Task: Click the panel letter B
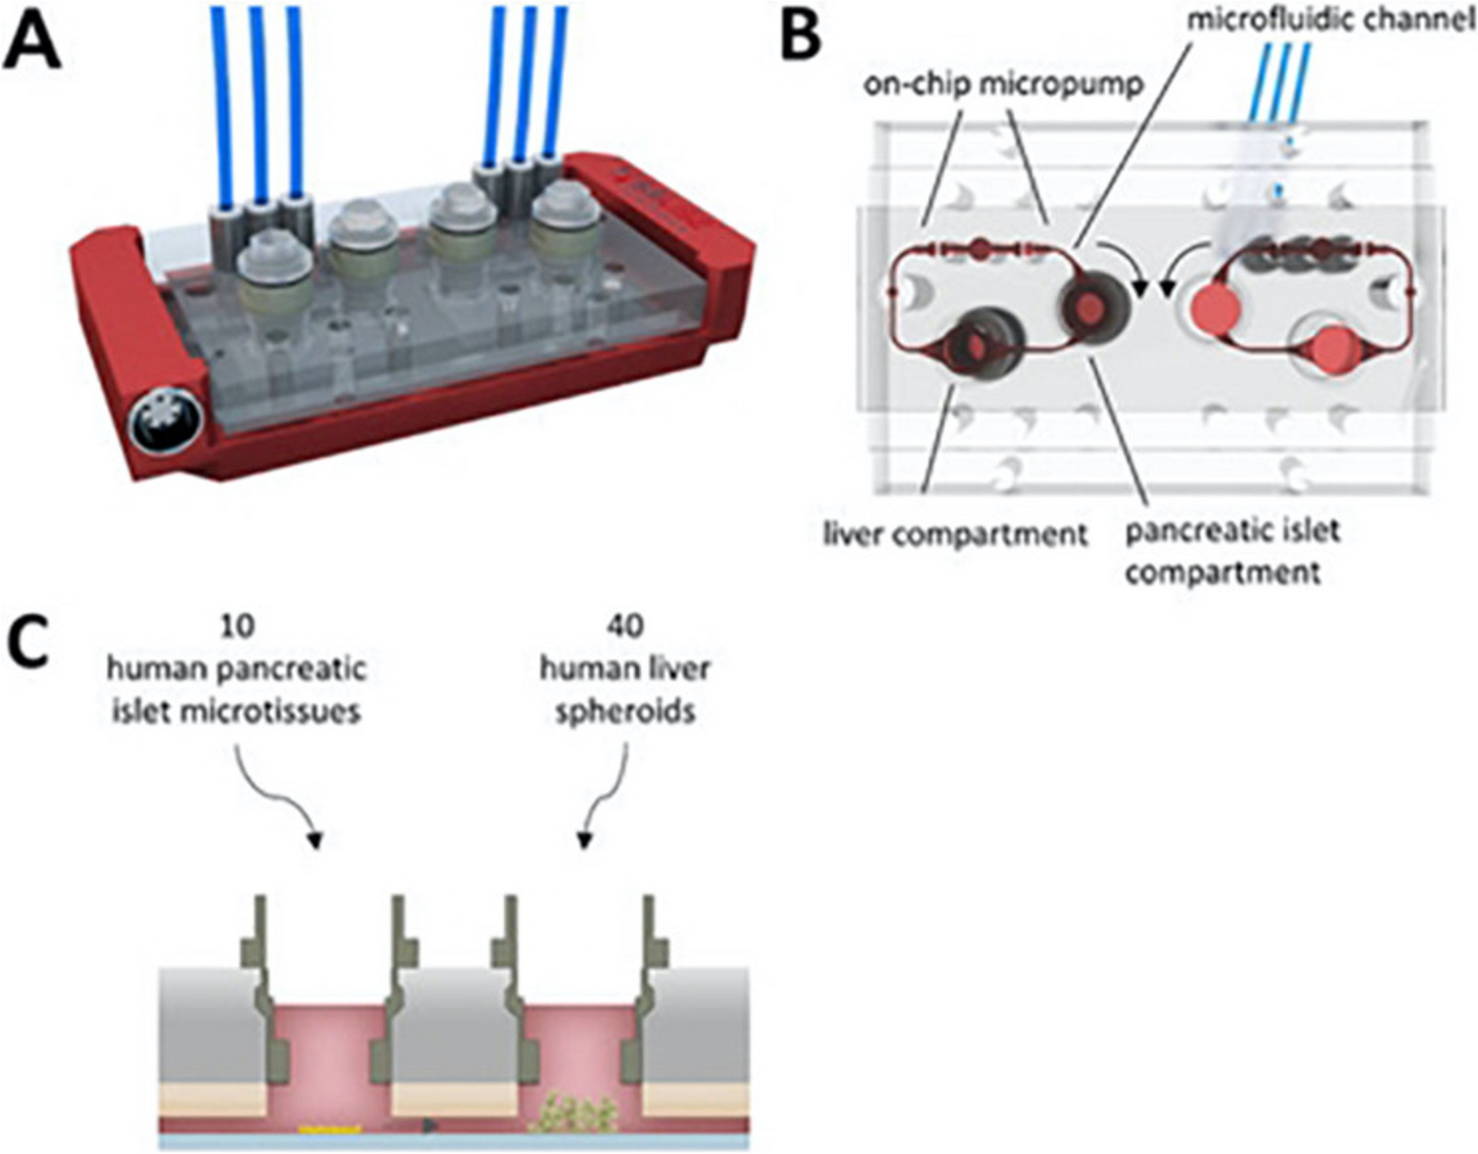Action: (800, 36)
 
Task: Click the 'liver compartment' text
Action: (954, 534)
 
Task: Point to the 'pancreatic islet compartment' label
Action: (1231, 550)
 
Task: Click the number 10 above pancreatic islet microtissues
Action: (236, 626)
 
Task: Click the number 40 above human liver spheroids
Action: (625, 626)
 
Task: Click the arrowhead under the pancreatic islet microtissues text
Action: (315, 841)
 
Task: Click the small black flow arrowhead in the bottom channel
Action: (431, 1124)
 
